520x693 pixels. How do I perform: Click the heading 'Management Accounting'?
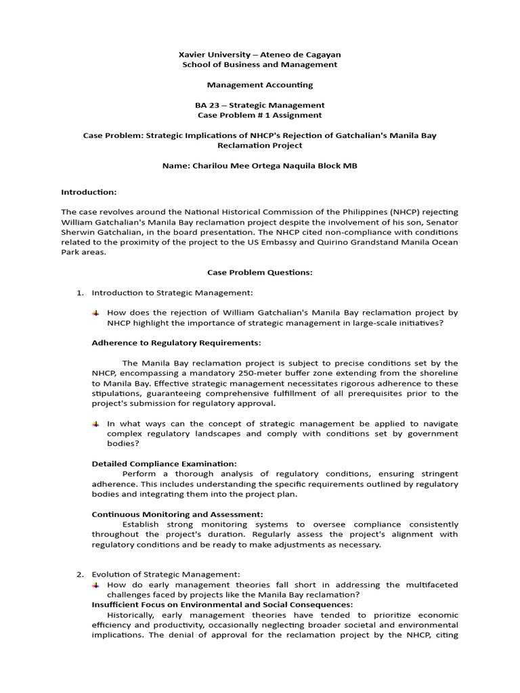tap(260, 85)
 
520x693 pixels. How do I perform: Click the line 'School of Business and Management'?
tap(260, 64)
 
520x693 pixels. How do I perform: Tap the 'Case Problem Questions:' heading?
tap(260, 272)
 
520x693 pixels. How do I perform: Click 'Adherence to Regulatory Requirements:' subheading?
tap(176, 342)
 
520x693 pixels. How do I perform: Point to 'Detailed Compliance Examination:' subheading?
tap(165, 464)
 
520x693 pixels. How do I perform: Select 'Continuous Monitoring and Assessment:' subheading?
tap(177, 514)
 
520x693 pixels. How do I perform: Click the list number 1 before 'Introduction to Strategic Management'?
tap(79, 292)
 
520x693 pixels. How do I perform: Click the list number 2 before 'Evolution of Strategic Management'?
tap(79, 575)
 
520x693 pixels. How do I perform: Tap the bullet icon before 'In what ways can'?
tap(96, 424)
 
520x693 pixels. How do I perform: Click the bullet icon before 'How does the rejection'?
tap(96, 313)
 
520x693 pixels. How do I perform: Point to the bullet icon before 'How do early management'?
tap(96, 585)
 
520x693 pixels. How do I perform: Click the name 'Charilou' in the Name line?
tap(207, 166)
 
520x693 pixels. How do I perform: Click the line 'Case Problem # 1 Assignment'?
tap(260, 115)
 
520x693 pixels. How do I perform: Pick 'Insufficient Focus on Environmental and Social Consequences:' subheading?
tap(222, 604)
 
